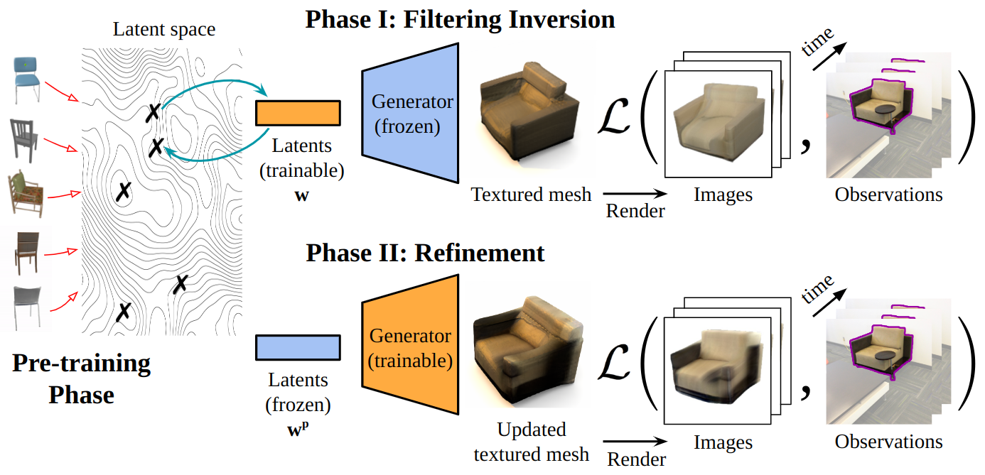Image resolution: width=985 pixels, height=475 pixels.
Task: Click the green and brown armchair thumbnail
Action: click(27, 192)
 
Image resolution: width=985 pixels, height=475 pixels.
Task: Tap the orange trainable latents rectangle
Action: click(298, 113)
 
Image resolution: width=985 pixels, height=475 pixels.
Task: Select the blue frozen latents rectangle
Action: click(298, 347)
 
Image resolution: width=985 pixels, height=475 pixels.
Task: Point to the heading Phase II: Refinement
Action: click(425, 253)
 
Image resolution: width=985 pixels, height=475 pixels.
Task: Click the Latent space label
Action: click(163, 29)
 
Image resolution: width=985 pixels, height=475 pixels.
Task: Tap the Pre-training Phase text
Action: click(81, 378)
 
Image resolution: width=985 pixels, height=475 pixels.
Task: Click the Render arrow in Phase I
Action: click(635, 193)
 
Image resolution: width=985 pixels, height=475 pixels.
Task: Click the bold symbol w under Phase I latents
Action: click(301, 194)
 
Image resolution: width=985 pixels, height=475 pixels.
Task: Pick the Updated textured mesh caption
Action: click(531, 442)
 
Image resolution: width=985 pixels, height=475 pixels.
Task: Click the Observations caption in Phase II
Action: click(888, 442)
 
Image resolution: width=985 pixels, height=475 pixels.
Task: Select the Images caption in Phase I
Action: click(723, 194)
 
